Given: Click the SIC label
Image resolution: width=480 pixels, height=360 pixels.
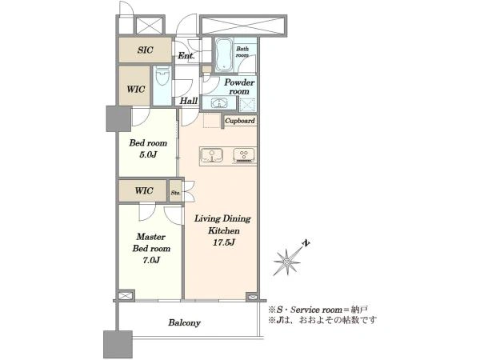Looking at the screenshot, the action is point(145,50).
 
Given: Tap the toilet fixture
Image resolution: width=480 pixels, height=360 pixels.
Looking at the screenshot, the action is point(162,77).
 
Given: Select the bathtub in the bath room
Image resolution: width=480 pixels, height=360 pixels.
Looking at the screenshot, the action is point(223,55).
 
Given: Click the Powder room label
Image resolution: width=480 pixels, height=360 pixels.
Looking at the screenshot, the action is point(239,86).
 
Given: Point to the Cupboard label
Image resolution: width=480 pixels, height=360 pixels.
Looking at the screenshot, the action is point(240,121).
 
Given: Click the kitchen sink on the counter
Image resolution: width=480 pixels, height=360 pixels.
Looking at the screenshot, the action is point(211,155).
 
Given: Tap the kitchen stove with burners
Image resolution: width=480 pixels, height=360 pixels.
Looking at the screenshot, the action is point(244,155).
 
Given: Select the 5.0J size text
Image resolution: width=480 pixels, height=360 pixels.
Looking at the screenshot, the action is point(148,154).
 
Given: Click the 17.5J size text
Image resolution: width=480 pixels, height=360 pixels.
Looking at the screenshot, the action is point(224,242).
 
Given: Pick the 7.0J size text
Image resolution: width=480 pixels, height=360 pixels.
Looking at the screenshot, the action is point(151,260).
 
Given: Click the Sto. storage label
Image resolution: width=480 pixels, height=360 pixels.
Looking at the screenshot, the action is point(175,193).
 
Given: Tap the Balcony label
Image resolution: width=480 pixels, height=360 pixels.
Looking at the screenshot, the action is point(184,322).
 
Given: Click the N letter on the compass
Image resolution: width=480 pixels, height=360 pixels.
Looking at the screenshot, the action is point(306,243).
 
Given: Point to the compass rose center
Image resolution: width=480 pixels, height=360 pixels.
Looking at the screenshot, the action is point(287,262).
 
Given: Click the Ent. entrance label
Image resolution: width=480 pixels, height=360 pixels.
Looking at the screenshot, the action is point(186,56).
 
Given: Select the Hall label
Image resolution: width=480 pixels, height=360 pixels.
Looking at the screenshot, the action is point(189,101).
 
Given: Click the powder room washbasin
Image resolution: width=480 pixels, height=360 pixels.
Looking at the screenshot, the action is point(219,103).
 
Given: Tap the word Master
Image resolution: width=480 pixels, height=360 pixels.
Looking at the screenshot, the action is point(151,237).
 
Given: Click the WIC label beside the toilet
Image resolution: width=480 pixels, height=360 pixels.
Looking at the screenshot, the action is point(136,90).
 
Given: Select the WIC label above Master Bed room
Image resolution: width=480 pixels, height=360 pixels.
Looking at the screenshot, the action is point(144,190).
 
